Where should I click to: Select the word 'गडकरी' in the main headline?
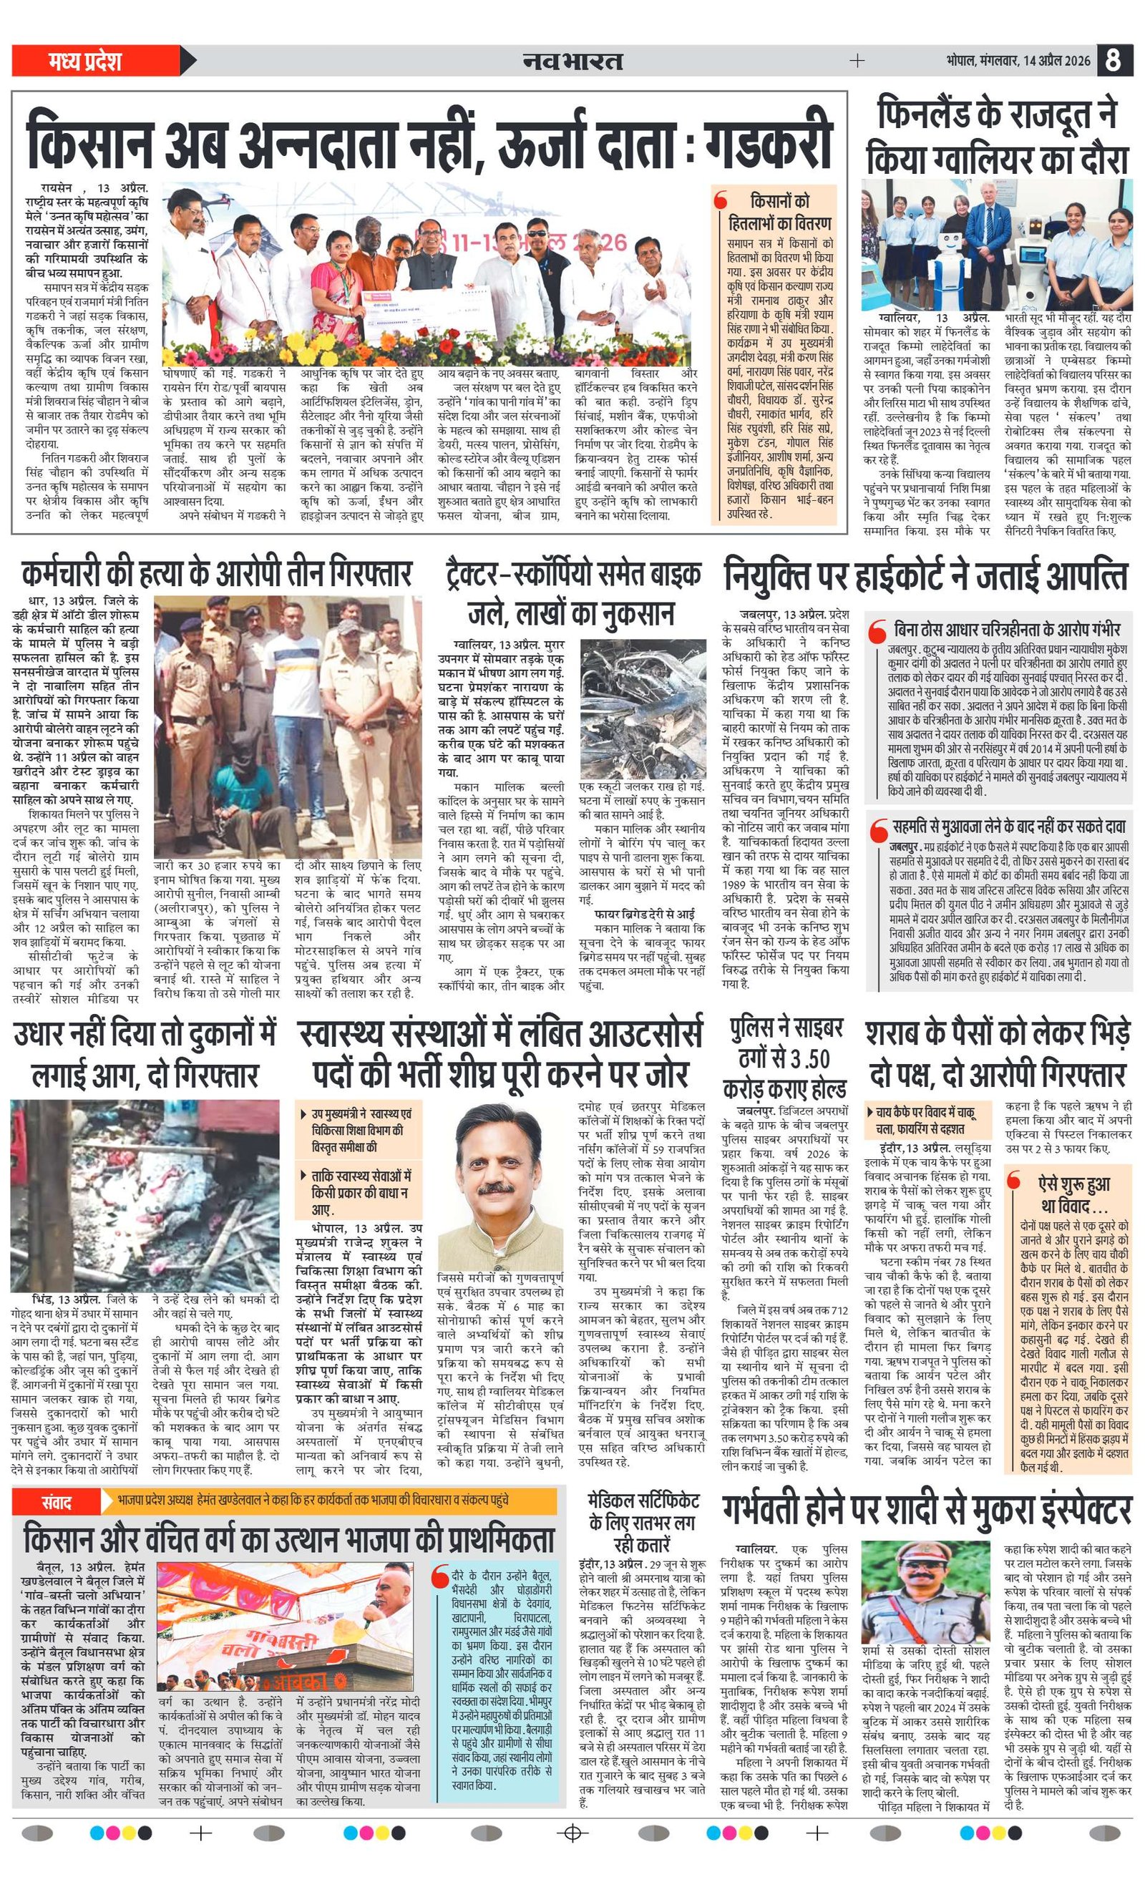[x=769, y=140]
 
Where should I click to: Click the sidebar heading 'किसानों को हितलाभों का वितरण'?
[x=779, y=213]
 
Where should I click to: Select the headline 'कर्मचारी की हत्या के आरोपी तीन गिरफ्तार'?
[x=217, y=574]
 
